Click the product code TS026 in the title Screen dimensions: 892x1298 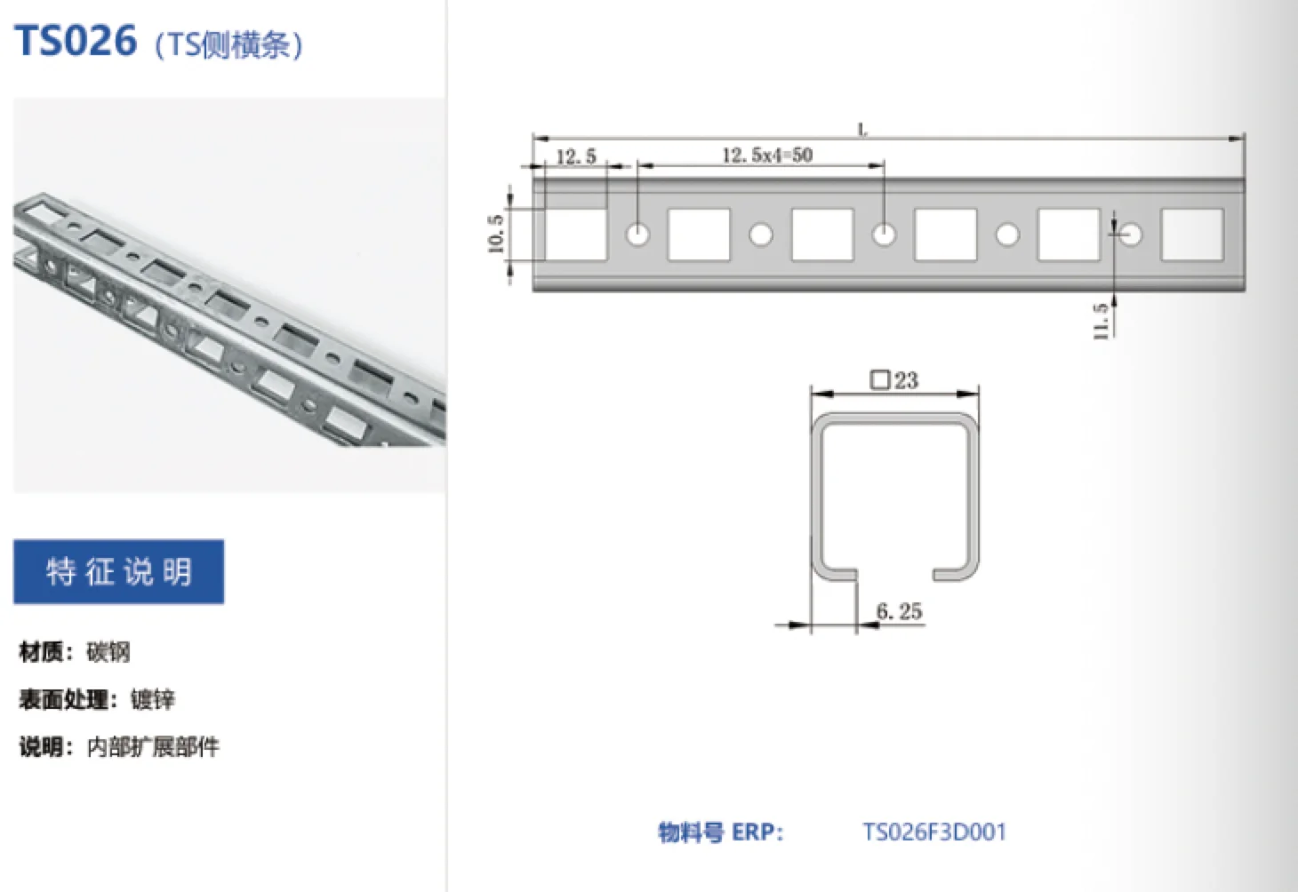[76, 41]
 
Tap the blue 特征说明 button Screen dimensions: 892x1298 [118, 571]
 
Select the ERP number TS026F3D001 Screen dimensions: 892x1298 [933, 832]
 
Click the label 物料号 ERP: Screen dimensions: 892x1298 [720, 832]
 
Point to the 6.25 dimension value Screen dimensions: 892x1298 [899, 611]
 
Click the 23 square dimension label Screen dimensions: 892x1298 [894, 380]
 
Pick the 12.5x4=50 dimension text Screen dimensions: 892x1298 [766, 155]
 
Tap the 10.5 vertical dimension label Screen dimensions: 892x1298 [496, 234]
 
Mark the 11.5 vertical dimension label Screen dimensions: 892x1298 [1101, 320]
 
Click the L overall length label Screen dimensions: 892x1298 [862, 130]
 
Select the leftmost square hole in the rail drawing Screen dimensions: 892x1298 [575, 235]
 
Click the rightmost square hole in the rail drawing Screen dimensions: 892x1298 [1191, 235]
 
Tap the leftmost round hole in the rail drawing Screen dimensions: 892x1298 [637, 235]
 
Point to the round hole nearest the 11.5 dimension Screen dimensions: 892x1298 [1130, 235]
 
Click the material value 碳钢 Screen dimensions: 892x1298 [108, 652]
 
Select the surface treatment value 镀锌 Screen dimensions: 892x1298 [153, 699]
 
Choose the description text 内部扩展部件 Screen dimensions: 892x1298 [153, 746]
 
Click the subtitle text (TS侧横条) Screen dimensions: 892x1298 [228, 44]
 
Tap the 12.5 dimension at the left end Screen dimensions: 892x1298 [576, 157]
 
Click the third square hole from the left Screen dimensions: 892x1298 [822, 235]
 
